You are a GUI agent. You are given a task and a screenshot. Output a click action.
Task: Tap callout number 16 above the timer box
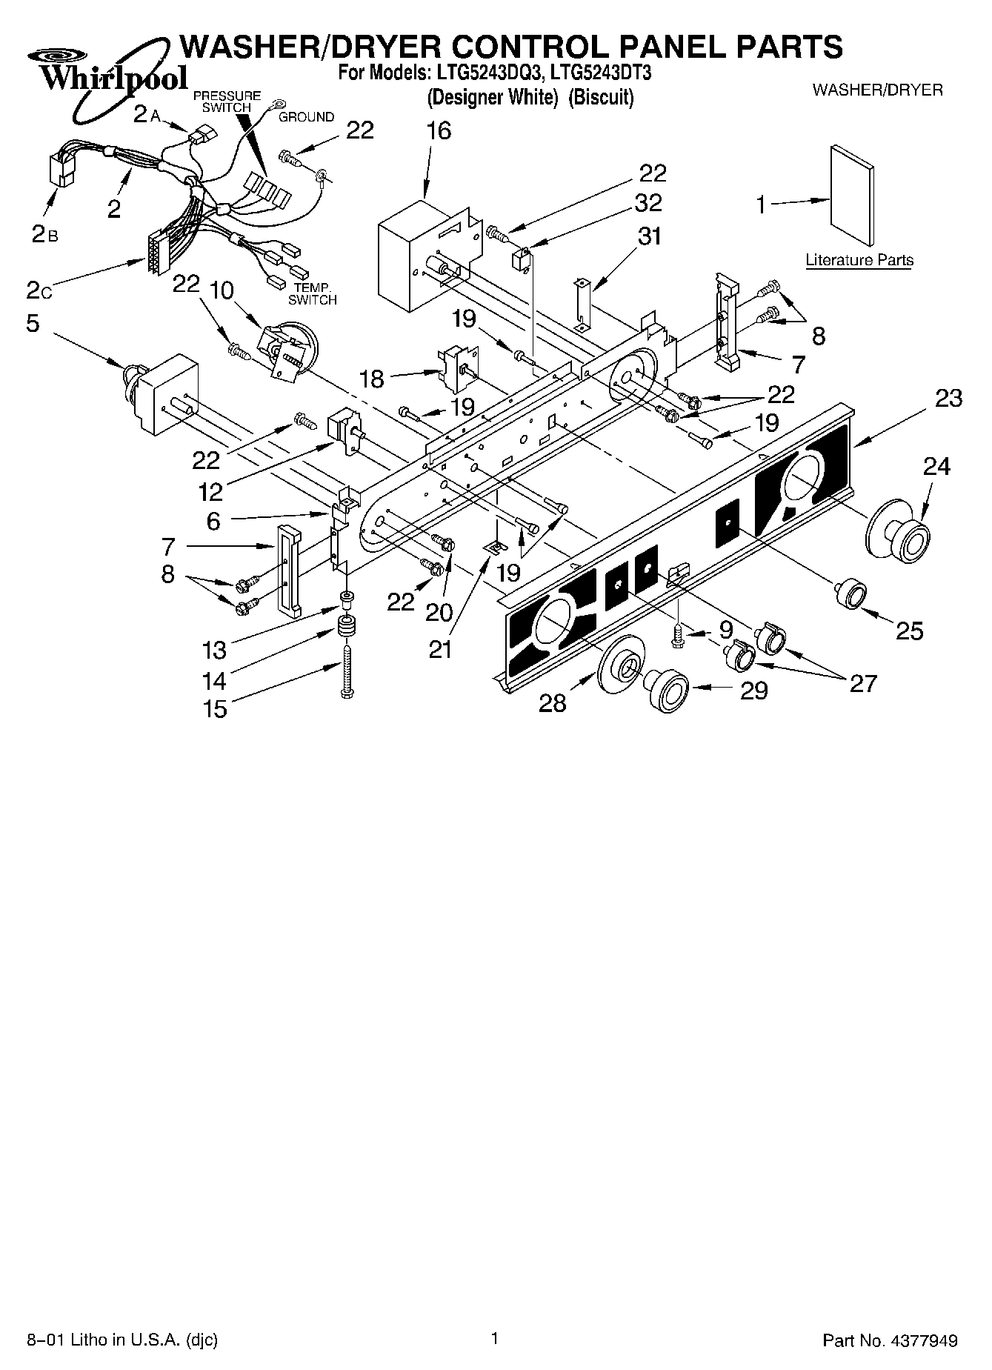point(439,131)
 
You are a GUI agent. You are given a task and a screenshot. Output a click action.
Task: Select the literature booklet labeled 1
point(852,194)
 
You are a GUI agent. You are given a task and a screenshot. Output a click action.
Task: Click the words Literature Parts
point(859,260)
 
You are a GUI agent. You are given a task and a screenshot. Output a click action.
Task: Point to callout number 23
point(948,399)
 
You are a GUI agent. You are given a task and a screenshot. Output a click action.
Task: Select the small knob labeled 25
point(850,593)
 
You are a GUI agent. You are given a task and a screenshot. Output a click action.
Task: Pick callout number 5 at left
point(33,324)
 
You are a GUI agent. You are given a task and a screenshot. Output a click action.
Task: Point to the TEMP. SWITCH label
point(312,294)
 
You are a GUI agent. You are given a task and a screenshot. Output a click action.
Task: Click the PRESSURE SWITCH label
point(227,102)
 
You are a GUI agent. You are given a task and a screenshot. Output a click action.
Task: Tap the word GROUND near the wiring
point(306,117)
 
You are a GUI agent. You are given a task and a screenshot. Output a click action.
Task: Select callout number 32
point(648,202)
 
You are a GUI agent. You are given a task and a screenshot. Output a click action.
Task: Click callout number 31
point(649,236)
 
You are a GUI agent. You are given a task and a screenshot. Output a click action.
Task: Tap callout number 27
point(863,682)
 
